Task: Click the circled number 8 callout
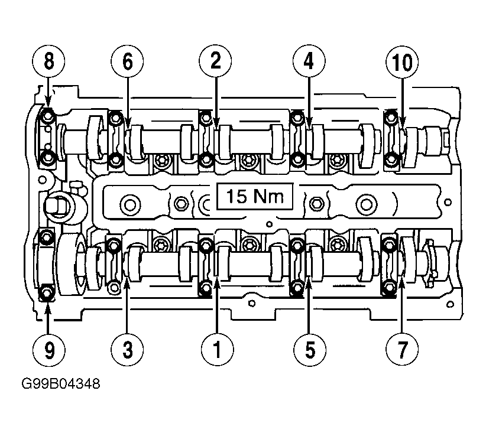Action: click(48, 61)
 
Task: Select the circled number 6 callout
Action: click(127, 61)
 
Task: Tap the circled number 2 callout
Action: click(215, 61)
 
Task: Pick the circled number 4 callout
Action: click(309, 61)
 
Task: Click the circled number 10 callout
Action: click(402, 61)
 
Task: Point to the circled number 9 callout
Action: click(48, 350)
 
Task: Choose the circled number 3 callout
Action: click(127, 350)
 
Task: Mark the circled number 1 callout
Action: click(217, 350)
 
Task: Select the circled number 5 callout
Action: click(310, 350)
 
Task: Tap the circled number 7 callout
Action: click(402, 350)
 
